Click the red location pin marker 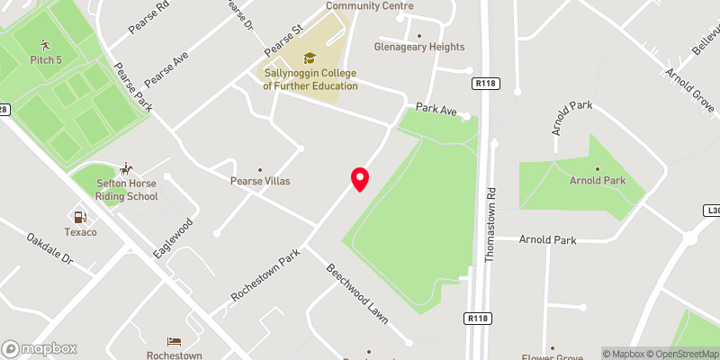(360, 178)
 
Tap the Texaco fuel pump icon (81, 217)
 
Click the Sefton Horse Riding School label (127, 189)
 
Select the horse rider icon (127, 168)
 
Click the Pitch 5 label (46, 59)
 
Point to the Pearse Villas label (261, 181)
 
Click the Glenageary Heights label (419, 47)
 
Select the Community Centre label (363, 5)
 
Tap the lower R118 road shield (479, 318)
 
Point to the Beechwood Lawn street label (356, 294)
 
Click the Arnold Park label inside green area (597, 181)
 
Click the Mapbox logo (39, 348)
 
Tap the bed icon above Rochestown (175, 342)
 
